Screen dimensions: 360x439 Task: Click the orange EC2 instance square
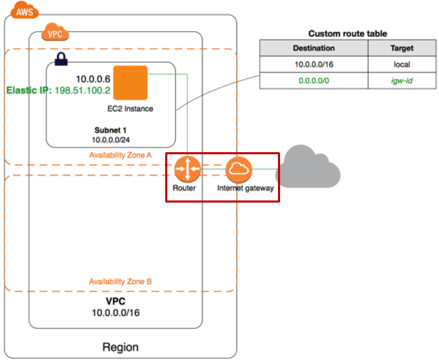(130, 82)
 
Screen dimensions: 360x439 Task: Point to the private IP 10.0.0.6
(93, 79)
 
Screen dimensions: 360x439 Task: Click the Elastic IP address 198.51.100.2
(82, 90)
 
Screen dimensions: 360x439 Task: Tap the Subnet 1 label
(111, 130)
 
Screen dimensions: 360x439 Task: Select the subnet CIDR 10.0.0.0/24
(111, 140)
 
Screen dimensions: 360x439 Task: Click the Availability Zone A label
(120, 155)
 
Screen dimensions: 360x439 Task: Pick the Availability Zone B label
(120, 282)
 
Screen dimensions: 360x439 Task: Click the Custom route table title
(348, 34)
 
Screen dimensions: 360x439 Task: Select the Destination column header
(314, 48)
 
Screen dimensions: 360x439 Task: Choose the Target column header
(402, 48)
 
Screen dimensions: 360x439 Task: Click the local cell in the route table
(402, 65)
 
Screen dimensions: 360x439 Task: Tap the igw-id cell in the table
(402, 82)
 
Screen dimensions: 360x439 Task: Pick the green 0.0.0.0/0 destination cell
(314, 82)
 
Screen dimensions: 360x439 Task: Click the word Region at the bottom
(120, 347)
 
